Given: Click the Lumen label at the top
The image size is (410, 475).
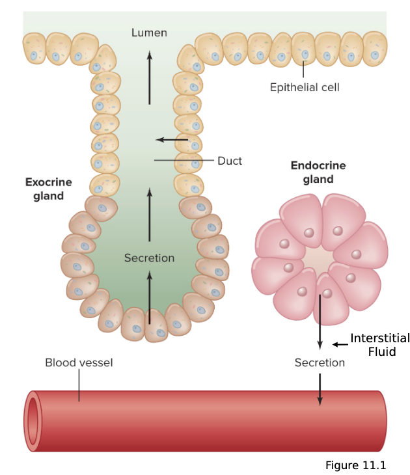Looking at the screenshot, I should point(149,33).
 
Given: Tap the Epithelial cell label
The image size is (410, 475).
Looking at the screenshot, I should point(305,87).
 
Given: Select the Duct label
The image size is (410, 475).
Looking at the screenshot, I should point(230,161).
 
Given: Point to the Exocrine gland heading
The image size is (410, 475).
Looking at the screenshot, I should point(49,189).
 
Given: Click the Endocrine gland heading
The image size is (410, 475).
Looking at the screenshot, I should point(318,172).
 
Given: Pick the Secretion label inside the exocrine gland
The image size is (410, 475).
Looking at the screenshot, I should point(149,258).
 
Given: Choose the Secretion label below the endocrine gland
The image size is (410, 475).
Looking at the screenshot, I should point(320,362).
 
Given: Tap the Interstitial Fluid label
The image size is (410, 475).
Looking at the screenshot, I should point(380,345).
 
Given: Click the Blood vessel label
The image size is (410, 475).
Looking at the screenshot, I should point(79,362).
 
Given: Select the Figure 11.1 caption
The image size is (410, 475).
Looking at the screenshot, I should point(355,465).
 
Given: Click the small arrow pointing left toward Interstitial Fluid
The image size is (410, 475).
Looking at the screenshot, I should point(340,344).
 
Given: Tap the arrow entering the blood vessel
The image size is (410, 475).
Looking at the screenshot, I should point(320,389).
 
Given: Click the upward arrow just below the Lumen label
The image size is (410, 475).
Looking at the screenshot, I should point(149,78).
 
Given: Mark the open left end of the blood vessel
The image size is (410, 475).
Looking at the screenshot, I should point(32,421).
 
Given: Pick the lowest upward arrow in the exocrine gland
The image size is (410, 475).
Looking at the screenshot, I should point(149,297).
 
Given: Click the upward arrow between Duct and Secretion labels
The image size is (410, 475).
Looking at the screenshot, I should point(149,215).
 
